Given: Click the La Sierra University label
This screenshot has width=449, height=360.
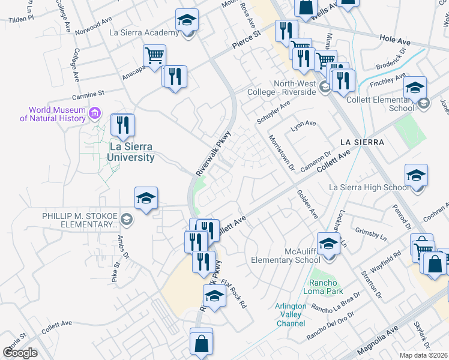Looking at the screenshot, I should coord(131,152).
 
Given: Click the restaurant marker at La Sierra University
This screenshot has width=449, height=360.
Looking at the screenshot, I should coord(123,125).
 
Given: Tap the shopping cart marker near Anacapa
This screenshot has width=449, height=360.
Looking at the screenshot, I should coord(154,56).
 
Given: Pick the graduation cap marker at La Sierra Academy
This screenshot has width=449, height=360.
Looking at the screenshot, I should coord(187,21).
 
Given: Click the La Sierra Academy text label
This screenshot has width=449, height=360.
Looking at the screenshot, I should coord(144,32).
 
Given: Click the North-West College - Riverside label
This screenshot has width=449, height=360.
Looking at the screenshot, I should coord(286,88).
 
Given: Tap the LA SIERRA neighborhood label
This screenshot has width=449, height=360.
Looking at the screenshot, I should coord(361,142).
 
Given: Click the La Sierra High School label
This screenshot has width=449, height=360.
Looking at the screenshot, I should coord(369,188).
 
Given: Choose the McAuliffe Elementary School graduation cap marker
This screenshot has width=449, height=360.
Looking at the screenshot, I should coord(328,244).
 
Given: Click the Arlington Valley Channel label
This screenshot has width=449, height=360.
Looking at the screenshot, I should coord(291,315).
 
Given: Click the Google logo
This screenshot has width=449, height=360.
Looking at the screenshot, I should coord(20,353).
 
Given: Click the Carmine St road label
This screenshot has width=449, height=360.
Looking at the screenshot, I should coord(88,94).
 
